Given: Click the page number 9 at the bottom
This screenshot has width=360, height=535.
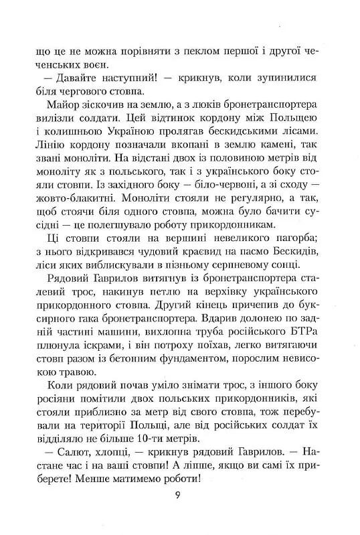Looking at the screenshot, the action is coord(177,495).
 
